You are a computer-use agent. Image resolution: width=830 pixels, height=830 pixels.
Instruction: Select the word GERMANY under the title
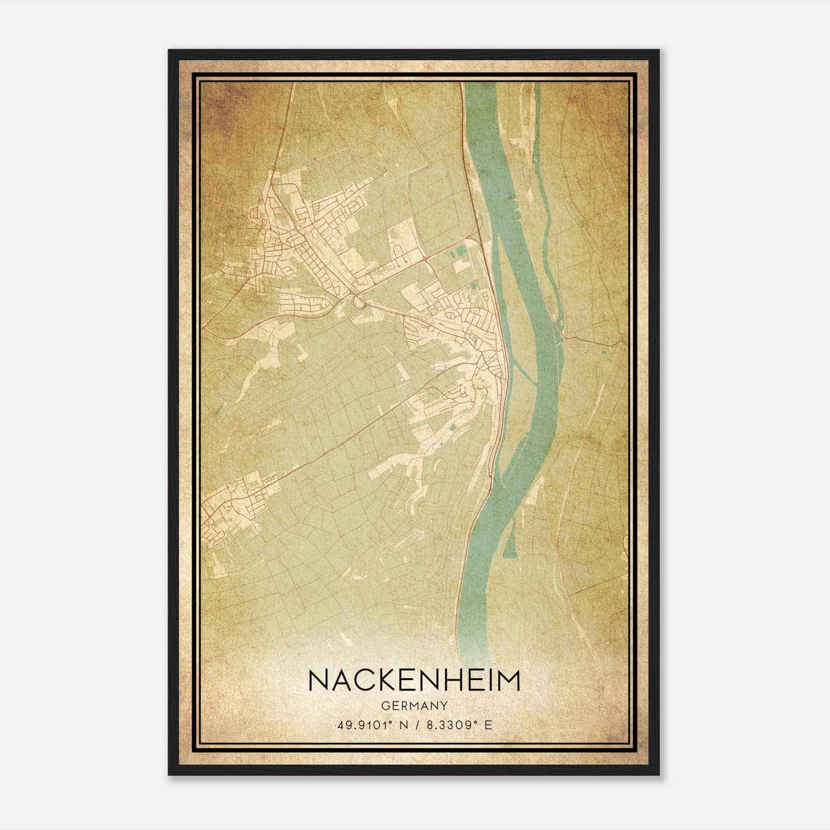414,706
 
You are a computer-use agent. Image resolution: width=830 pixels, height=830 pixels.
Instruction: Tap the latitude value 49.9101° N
369,725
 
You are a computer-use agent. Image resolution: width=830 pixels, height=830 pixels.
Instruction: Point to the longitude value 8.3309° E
457,725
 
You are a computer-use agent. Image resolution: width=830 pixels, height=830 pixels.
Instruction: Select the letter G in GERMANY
384,706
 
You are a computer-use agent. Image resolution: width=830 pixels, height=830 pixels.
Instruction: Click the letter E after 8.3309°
488,725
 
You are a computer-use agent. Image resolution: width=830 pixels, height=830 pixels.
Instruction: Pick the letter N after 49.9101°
400,725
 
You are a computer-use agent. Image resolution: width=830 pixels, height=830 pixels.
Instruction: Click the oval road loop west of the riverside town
358,300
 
